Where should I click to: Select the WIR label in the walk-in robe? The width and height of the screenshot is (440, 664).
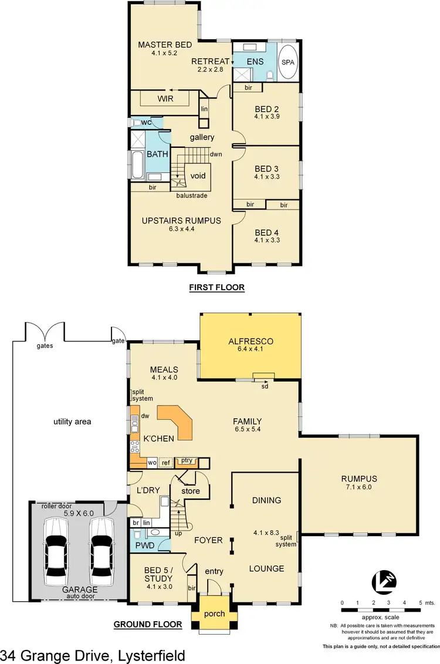click(165, 99)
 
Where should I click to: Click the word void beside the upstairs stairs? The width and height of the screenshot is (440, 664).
click(197, 175)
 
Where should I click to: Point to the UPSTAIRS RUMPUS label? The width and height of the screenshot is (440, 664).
click(181, 221)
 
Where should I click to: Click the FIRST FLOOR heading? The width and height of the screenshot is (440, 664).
click(216, 287)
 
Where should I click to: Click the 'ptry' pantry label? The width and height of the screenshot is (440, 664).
click(187, 461)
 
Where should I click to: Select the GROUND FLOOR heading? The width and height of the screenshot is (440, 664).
click(147, 625)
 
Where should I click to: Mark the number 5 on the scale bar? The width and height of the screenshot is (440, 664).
click(420, 602)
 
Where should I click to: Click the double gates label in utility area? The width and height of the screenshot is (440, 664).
click(45, 345)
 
